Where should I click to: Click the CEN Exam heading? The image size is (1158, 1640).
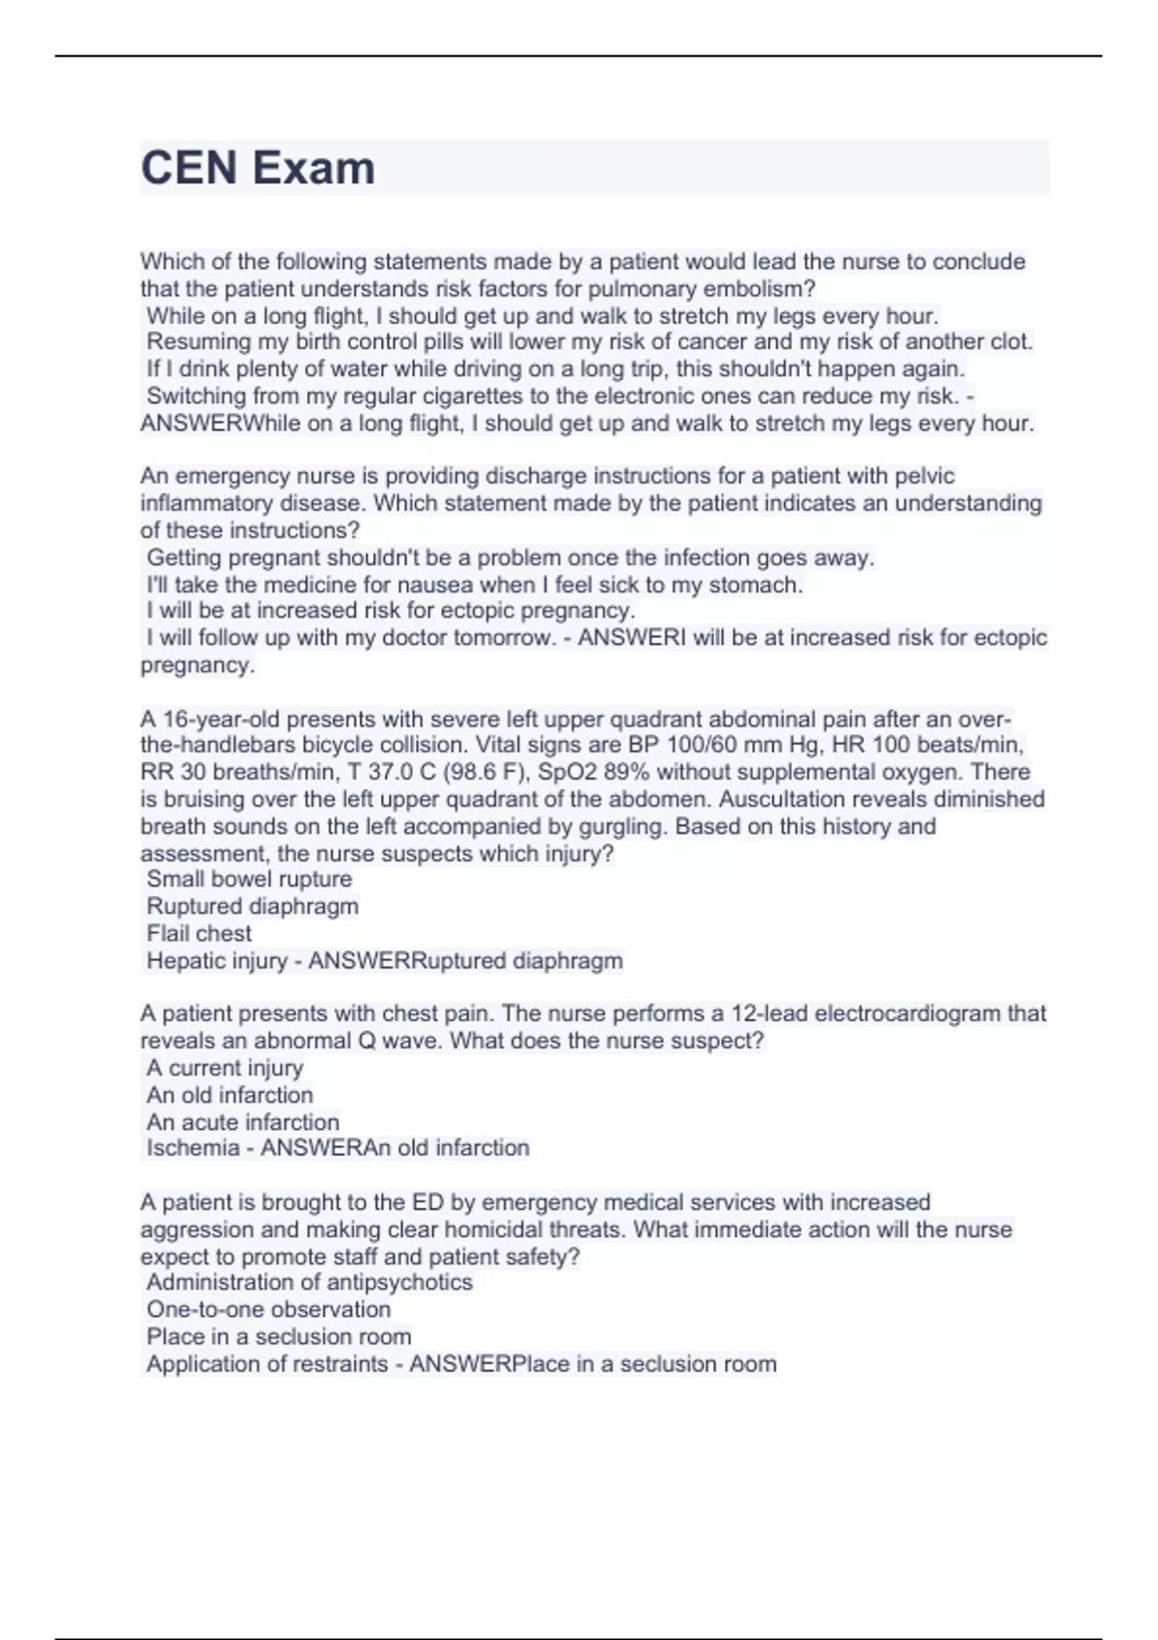click(258, 168)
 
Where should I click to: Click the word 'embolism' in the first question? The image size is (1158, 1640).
click(758, 288)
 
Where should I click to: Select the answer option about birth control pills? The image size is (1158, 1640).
click(589, 342)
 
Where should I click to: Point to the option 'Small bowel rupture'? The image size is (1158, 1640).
click(249, 879)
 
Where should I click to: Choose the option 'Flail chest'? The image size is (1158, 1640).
click(199, 933)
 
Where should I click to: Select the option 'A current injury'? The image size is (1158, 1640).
click(225, 1068)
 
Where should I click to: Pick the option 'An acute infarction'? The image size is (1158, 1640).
click(243, 1122)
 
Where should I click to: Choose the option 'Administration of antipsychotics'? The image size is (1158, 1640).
click(310, 1282)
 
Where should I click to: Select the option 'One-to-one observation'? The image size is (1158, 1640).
click(268, 1309)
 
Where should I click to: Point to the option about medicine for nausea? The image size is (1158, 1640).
click(475, 585)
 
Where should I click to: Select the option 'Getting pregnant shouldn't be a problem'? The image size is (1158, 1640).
click(510, 558)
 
